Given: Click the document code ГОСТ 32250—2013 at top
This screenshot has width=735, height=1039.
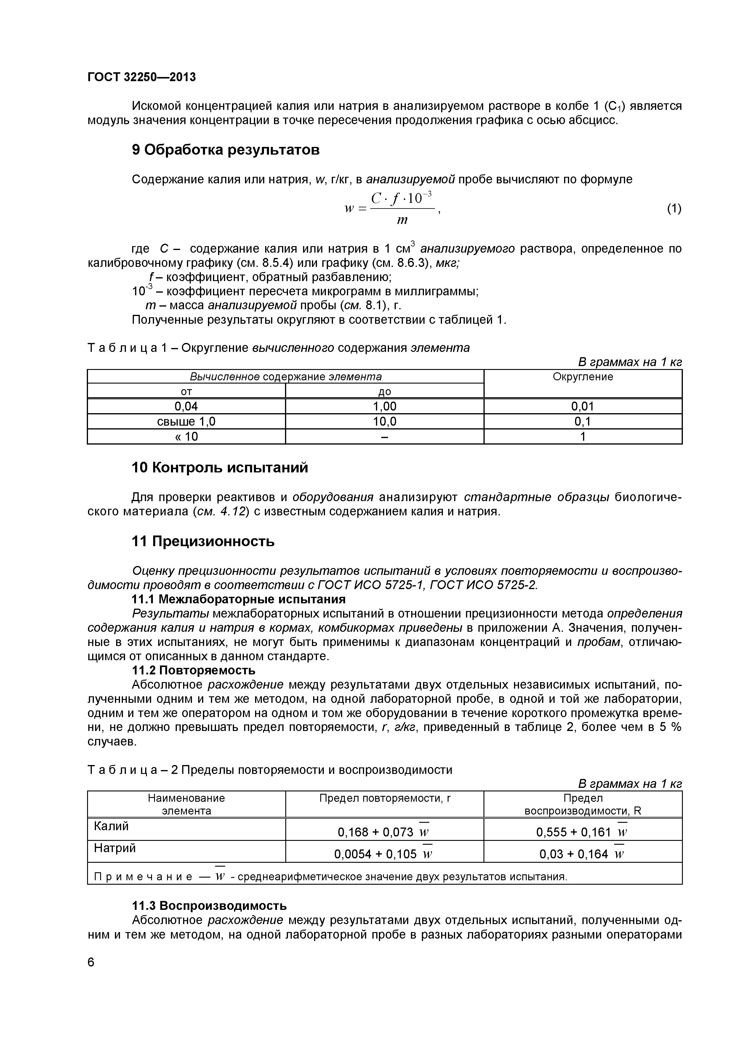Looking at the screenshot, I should point(141,77).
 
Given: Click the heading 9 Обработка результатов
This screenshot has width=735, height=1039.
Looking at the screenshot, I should point(225,150).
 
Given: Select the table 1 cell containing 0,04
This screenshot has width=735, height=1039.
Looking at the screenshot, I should point(186,406).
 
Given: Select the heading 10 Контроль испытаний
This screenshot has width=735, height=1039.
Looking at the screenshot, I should point(220,467).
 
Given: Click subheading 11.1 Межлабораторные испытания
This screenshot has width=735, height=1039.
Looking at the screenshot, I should point(238,599).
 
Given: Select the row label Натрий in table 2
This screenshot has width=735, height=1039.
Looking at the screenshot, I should point(115,848).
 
